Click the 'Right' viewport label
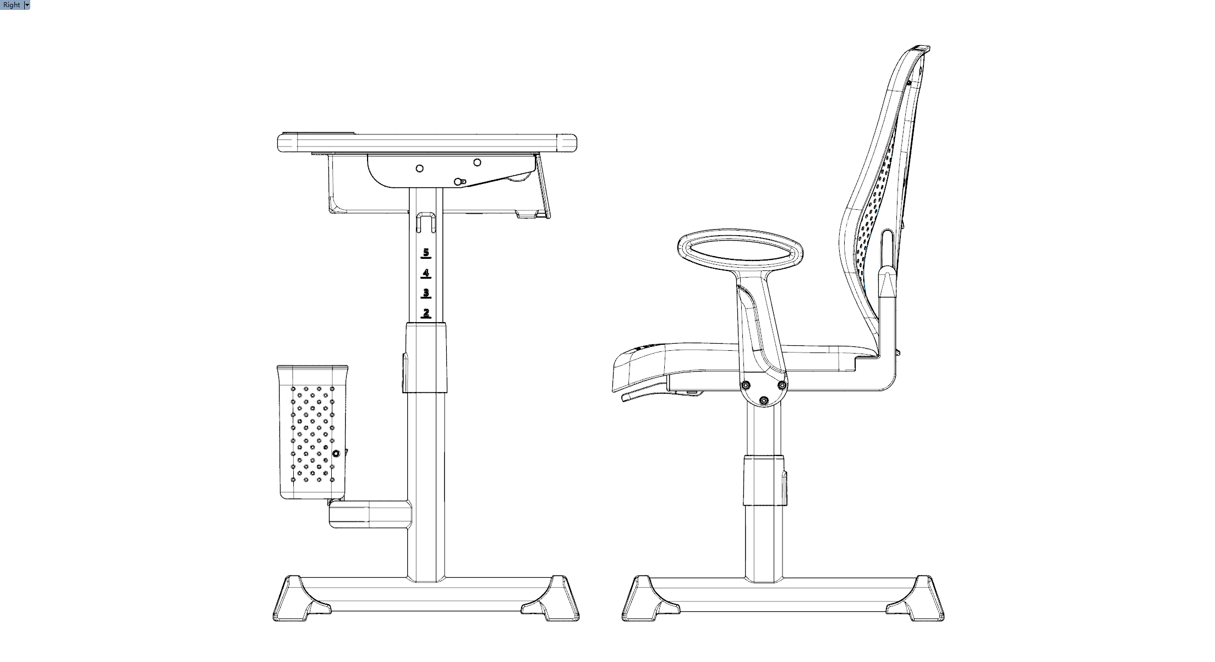point(12,5)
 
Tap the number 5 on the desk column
point(426,253)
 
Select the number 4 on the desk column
point(426,273)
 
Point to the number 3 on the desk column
point(426,293)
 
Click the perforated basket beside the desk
point(313,432)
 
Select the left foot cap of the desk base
point(302,599)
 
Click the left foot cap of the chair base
point(650,599)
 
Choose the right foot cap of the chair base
point(915,599)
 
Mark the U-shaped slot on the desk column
point(426,221)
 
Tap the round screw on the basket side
point(336,453)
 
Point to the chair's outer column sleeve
point(764,480)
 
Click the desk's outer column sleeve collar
point(425,358)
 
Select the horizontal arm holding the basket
point(370,514)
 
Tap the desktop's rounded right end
point(567,143)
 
